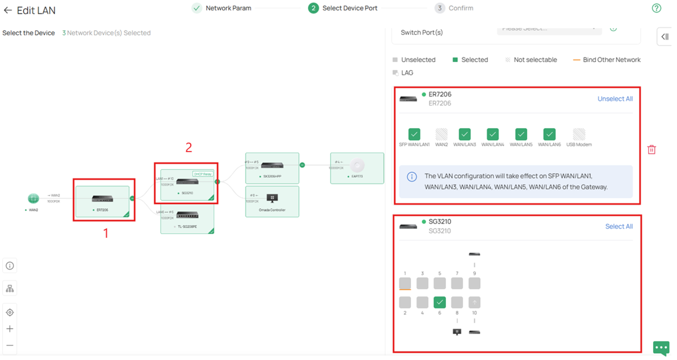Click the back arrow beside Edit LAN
tap(8, 11)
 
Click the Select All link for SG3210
tap(619, 227)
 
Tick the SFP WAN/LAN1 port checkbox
tap(414, 135)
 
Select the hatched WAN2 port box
tap(441, 135)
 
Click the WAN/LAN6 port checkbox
tap(549, 135)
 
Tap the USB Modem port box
tap(579, 135)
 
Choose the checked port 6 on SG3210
tap(439, 302)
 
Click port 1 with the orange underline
tap(405, 283)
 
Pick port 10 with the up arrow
tap(474, 302)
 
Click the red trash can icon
tap(652, 150)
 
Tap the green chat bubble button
tap(661, 348)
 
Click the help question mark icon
tap(656, 8)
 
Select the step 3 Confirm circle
tap(439, 8)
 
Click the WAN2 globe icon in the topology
tap(33, 198)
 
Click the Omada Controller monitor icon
tap(272, 198)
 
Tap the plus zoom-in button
tap(10, 329)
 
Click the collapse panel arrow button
tap(665, 37)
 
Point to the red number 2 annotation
tap(189, 148)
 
